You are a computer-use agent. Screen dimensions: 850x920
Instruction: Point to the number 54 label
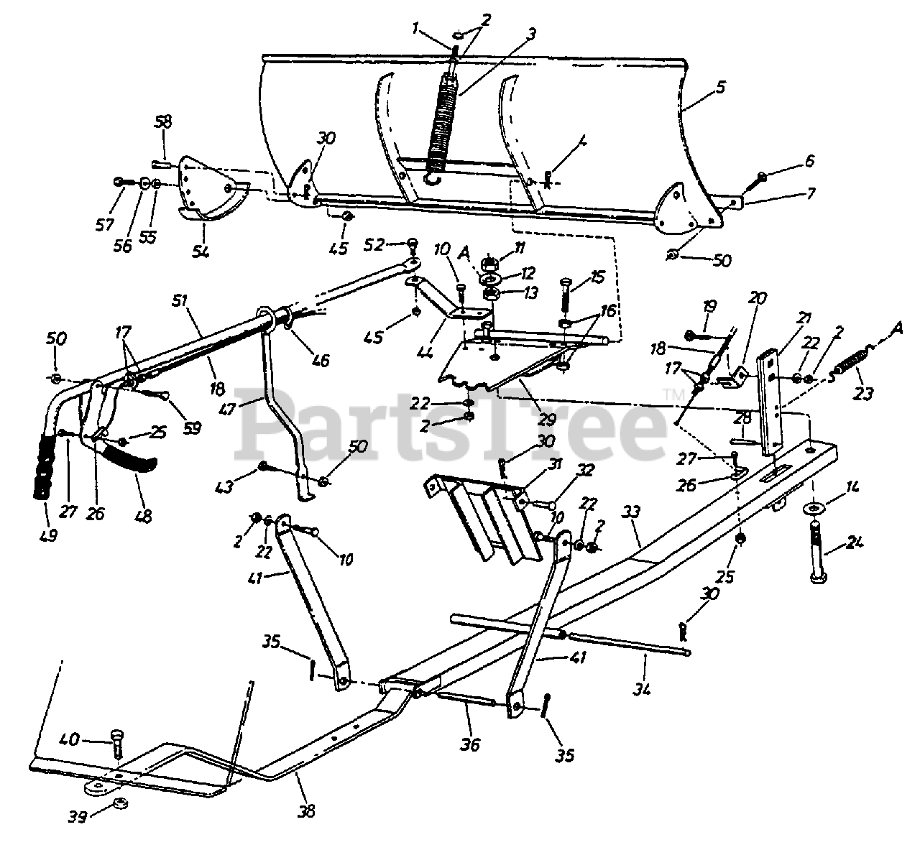[201, 252]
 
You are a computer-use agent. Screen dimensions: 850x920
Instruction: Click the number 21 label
[803, 317]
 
